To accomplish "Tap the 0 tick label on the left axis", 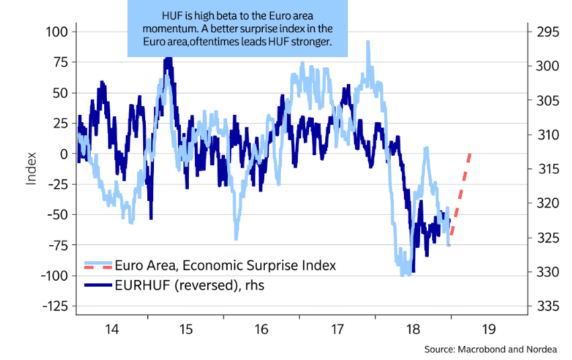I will coord(63,154).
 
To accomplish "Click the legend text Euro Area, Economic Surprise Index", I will coord(225,265).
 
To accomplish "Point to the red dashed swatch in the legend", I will coord(97,266).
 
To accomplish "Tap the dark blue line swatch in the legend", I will coord(97,285).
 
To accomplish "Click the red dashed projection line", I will coord(461,195).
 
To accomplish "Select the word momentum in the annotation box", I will coord(168,30).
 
